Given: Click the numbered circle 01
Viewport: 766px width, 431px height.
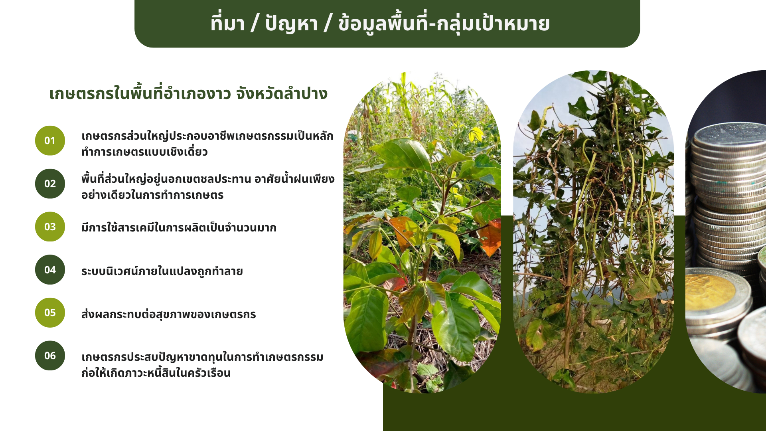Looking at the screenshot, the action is pos(50,140).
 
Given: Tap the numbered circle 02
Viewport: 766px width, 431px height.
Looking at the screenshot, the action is pos(50,184).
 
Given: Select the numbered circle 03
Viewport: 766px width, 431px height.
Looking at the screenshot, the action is pos(50,227).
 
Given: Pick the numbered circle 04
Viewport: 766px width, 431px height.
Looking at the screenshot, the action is pos(50,270).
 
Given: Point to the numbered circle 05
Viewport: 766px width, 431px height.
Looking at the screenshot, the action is pos(50,312).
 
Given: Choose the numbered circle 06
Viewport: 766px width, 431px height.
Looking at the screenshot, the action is pos(50,356).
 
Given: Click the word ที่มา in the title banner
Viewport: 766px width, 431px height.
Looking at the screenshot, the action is pos(227,23).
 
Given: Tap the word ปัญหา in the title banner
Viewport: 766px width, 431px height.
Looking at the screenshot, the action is pos(291,23).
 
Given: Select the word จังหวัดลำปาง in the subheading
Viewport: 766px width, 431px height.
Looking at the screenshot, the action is pos(282,94).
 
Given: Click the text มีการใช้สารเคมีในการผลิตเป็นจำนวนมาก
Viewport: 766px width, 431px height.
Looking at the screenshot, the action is pos(179,227).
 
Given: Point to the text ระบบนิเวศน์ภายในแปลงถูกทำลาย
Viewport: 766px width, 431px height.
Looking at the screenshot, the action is pos(162,271).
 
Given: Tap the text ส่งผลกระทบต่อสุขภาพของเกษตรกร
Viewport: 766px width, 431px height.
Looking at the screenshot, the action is pos(168,314).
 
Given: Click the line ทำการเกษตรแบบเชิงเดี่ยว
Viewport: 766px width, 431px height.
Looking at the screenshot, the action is pos(144,152).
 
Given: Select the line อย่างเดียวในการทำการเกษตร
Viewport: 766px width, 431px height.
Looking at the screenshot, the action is pos(152,195).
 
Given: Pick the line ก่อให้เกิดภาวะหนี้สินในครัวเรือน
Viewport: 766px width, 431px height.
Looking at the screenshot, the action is pos(156,373).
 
